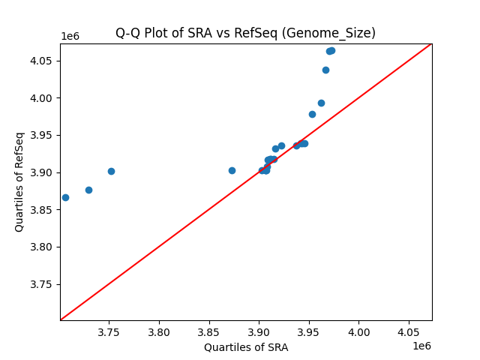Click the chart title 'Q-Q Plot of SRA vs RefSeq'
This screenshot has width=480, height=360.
217,33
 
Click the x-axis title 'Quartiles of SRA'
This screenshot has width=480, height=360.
246,347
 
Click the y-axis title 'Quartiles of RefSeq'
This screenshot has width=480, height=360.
19,181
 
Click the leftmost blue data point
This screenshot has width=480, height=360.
65,197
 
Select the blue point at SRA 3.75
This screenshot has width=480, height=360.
111,171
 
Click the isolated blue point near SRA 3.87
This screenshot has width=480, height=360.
232,170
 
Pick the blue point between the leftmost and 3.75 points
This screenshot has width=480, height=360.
88,190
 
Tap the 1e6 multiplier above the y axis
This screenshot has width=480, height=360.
71,36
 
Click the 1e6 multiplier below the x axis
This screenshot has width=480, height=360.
421,346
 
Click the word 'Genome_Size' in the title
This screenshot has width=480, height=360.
338,33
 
